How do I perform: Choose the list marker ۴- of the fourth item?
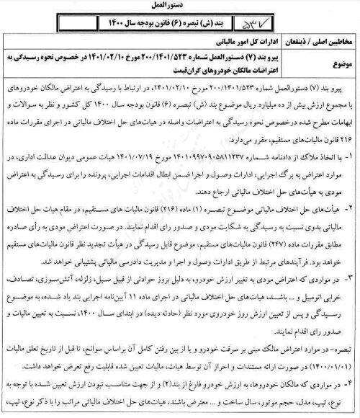[351, 388]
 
